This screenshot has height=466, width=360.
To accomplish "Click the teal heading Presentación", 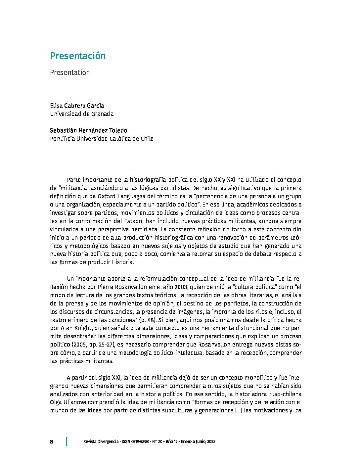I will click(x=78, y=56).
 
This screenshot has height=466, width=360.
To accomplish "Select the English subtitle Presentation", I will click(x=70, y=72).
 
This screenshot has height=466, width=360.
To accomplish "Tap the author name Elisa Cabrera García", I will click(x=77, y=106).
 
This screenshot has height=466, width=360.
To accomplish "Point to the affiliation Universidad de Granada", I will click(x=82, y=114).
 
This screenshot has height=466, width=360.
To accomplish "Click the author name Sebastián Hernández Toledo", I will click(x=88, y=130).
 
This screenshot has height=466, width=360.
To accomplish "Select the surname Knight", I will click(x=84, y=328).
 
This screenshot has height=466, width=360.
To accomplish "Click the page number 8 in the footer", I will click(x=52, y=442).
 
